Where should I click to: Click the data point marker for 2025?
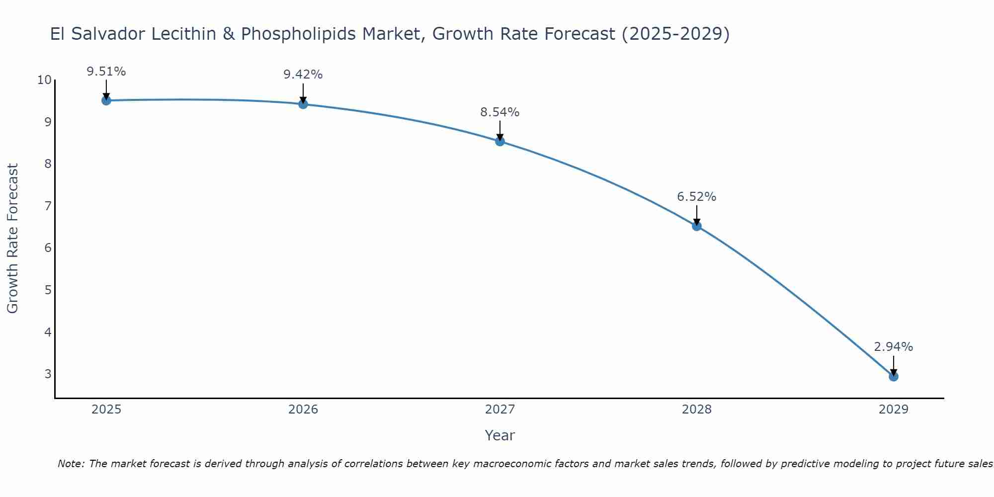pyautogui.click(x=106, y=100)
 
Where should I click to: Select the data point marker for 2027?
pyautogui.click(x=499, y=141)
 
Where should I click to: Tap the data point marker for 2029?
pyautogui.click(x=893, y=376)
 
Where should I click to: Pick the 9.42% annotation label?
pyautogui.click(x=303, y=75)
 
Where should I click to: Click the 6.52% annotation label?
pyautogui.click(x=696, y=197)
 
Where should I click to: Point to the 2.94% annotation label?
pyautogui.click(x=893, y=347)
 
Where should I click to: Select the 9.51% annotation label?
pyautogui.click(x=106, y=72)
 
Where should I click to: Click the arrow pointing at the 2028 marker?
pyautogui.click(x=696, y=215)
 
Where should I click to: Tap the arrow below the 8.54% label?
pyautogui.click(x=499, y=131)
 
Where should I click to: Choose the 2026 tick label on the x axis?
pyautogui.click(x=303, y=410)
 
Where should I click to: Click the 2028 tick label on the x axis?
pyautogui.click(x=696, y=410)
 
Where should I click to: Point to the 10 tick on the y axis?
pyautogui.click(x=44, y=80)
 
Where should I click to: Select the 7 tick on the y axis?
pyautogui.click(x=48, y=206)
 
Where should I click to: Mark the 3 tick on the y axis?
pyautogui.click(x=48, y=374)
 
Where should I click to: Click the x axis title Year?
pyautogui.click(x=499, y=435)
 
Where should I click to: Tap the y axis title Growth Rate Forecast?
pyautogui.click(x=13, y=239)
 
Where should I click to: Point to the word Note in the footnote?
pyautogui.click(x=71, y=464)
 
